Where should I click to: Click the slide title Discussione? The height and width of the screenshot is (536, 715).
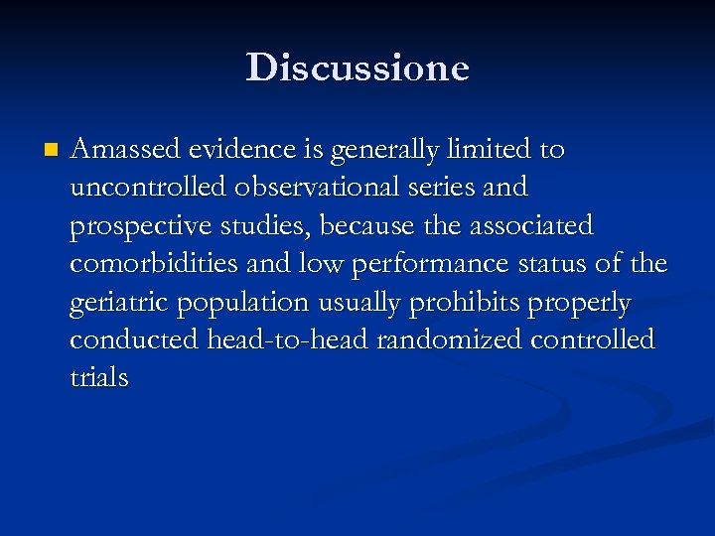[x=357, y=67]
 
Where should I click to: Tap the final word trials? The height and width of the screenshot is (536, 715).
[x=99, y=378]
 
